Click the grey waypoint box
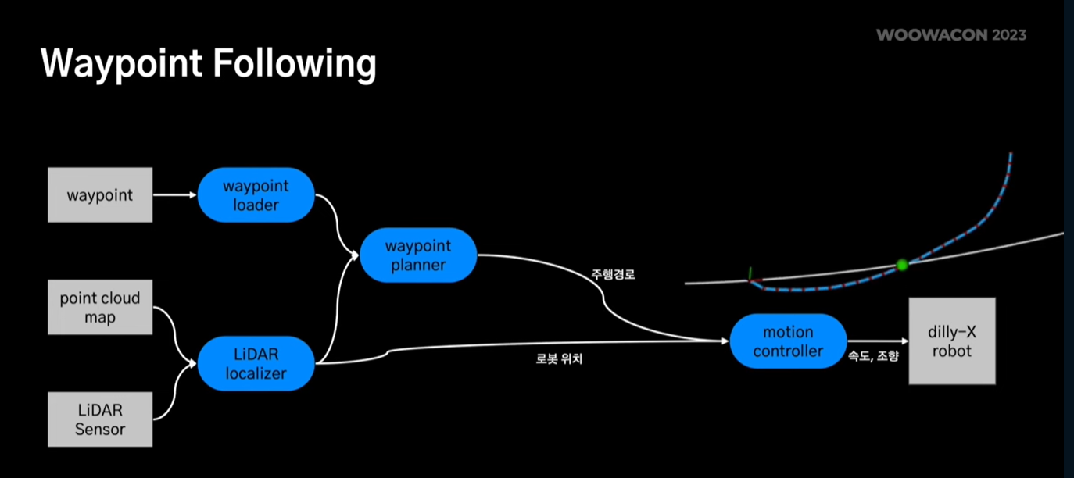(100, 195)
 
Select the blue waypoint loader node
(256, 195)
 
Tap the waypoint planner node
(418, 255)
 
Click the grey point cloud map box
(100, 308)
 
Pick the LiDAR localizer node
(256, 364)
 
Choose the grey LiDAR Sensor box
(100, 419)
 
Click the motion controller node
(788, 341)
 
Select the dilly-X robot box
(951, 341)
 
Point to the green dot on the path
(902, 266)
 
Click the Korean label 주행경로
(614, 275)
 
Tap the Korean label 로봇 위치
(559, 359)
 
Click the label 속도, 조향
(873, 356)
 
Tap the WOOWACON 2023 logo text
(950, 35)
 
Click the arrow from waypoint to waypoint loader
(174, 195)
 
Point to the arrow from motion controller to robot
(878, 341)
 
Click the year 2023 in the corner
(1008, 35)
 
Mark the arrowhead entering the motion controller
(725, 341)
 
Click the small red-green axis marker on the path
(752, 276)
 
